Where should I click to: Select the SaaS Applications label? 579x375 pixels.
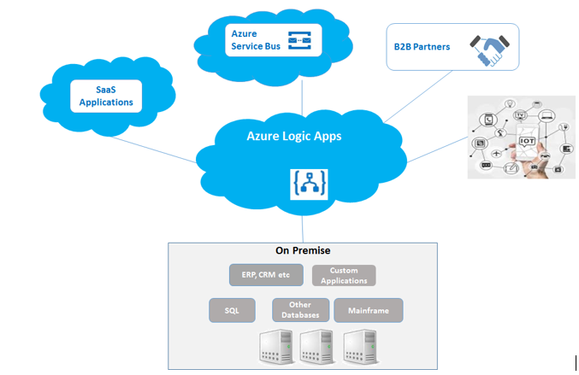[x=106, y=95]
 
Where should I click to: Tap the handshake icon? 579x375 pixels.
[x=492, y=50]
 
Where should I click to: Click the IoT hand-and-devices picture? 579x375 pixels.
[x=521, y=136]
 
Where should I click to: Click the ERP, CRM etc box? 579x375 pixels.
[x=266, y=275]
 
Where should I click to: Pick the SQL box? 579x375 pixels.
[x=232, y=310]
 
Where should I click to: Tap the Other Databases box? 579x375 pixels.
[x=300, y=310]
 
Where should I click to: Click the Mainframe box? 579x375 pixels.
[x=368, y=310]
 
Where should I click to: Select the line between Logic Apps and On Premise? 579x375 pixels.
[x=302, y=230]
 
